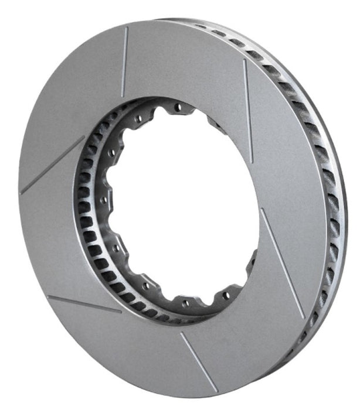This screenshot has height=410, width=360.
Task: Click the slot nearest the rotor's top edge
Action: [x=124, y=61]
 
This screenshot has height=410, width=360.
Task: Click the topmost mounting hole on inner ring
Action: [x=176, y=108]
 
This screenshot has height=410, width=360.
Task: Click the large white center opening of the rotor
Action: [x=188, y=205]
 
